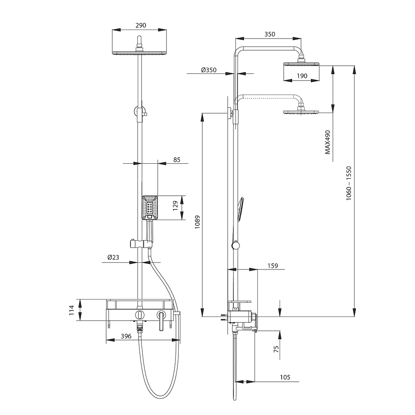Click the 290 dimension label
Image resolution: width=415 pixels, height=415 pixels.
pyautogui.click(x=141, y=26)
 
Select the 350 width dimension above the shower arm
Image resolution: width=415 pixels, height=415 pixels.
pyautogui.click(x=270, y=34)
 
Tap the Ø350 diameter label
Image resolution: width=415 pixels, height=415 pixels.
pyautogui.click(x=209, y=70)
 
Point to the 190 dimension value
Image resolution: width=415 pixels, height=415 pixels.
pyautogui.click(x=302, y=76)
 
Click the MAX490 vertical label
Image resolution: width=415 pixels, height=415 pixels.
pyautogui.click(x=327, y=142)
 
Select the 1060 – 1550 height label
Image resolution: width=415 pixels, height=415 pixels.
pyautogui.click(x=349, y=183)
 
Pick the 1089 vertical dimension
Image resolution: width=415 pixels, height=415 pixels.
pyautogui.click(x=197, y=222)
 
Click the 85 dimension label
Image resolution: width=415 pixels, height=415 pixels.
pyautogui.click(x=177, y=160)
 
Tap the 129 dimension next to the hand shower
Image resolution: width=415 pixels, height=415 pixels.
pyautogui.click(x=175, y=206)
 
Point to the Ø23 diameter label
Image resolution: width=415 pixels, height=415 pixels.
pyautogui.click(x=113, y=257)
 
